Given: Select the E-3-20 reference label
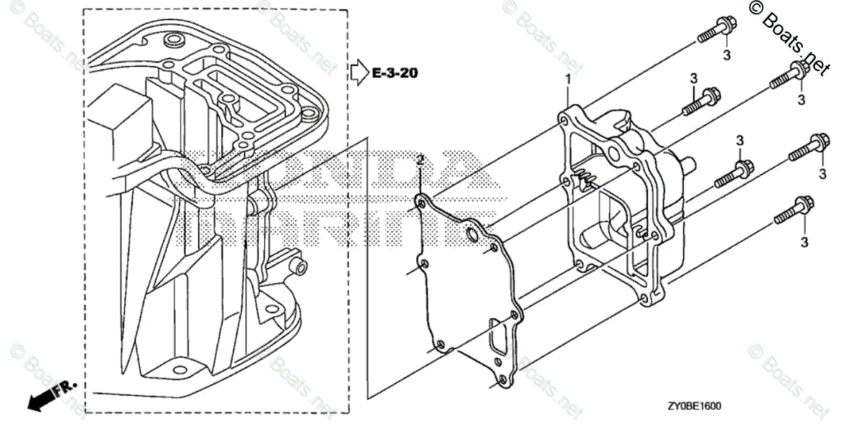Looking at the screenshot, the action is point(395,73).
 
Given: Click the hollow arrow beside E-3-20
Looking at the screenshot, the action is point(359,72).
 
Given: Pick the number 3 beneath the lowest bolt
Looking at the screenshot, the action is point(804,243).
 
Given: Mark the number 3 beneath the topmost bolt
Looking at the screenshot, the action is point(725,55).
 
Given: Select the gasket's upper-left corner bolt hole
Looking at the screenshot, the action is point(420,206).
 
